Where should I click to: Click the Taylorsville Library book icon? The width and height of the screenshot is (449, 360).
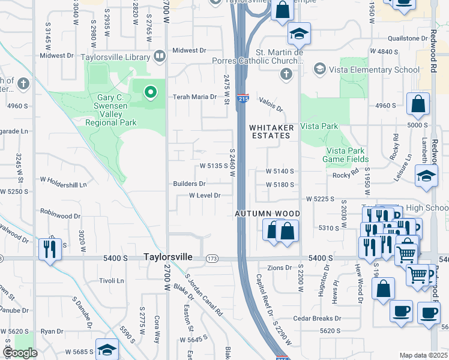[x=159, y=56]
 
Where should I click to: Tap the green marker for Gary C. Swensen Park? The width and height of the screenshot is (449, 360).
[x=150, y=92]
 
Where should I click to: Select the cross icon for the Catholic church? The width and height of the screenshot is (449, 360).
[x=286, y=74]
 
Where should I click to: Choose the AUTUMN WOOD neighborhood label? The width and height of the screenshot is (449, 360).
[x=267, y=214]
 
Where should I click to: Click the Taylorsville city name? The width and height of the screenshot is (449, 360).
[x=168, y=257]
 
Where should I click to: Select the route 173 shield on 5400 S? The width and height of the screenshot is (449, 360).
[x=212, y=258]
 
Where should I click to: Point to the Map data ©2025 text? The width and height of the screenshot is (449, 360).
[x=423, y=355]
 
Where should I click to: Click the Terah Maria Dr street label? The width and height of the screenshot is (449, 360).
[x=194, y=97]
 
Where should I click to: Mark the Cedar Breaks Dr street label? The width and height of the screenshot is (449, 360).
[x=317, y=318]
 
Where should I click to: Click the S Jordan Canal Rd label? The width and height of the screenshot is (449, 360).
[x=204, y=295]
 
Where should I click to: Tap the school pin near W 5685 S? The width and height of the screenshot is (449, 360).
[x=107, y=350]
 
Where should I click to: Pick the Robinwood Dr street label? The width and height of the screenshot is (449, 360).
[x=60, y=215]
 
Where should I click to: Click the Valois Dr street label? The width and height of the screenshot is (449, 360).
[x=271, y=105]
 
